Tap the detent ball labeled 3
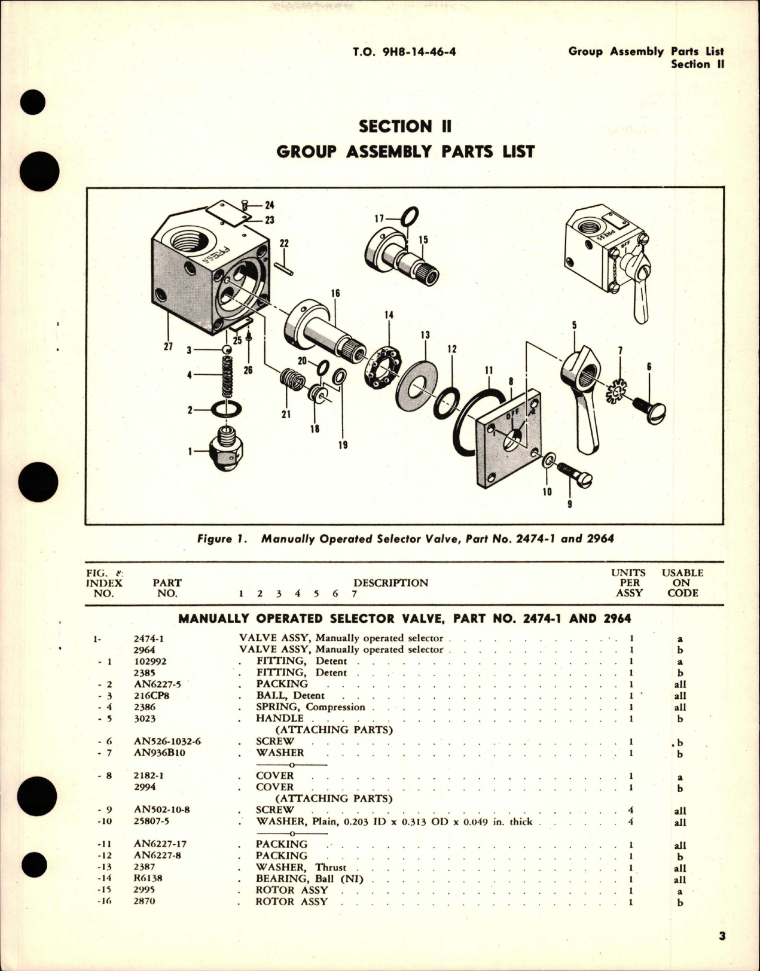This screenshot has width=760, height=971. [226, 350]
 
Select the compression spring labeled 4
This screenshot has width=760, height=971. [227, 377]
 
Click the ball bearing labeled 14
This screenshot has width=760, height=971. [383, 366]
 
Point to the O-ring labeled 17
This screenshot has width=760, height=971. [410, 216]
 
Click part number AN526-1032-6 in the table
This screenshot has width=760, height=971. [167, 741]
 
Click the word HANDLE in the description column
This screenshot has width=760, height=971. [279, 718]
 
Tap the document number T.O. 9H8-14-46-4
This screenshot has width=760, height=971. [404, 52]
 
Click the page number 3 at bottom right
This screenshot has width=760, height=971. [722, 936]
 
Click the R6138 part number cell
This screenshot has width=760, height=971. [148, 878]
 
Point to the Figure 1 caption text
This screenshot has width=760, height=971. [405, 538]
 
